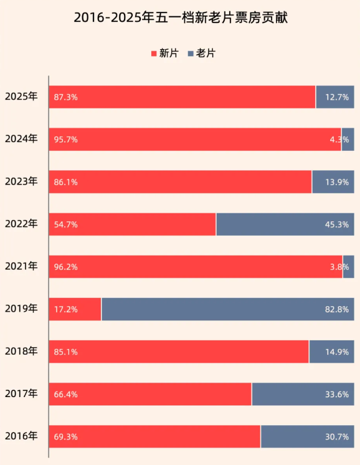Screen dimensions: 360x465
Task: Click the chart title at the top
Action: (181, 18)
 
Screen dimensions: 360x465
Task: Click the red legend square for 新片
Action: (154, 54)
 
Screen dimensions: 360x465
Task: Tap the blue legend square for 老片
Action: (191, 54)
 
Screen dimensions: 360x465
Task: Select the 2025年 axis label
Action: (21, 97)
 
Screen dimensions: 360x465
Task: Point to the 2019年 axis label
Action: (21, 309)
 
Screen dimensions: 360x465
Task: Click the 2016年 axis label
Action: (21, 436)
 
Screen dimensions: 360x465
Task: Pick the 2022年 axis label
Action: (21, 224)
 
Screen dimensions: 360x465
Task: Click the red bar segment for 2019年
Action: (75, 309)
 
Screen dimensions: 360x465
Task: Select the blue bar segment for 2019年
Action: (228, 309)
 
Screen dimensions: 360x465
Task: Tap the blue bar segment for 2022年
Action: (285, 224)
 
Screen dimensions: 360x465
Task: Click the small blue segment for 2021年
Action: (349, 267)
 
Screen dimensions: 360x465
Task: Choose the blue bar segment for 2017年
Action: (303, 394)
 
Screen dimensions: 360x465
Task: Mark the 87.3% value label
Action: (66, 97)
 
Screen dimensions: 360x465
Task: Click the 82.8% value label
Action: (337, 309)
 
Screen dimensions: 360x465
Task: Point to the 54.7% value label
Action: (66, 224)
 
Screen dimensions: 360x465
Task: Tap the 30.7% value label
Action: (337, 437)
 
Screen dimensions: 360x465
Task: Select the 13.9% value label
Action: (337, 182)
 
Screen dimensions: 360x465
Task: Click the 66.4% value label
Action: (66, 395)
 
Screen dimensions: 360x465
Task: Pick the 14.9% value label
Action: (337, 352)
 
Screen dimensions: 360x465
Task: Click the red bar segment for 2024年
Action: (195, 140)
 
